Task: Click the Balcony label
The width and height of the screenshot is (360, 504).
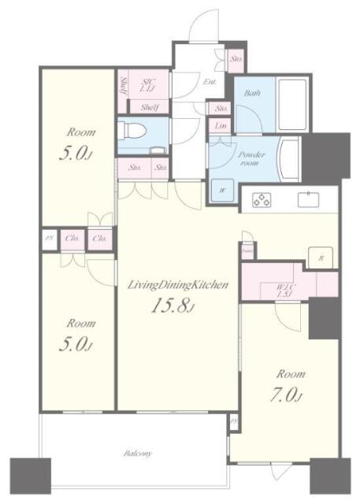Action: click(137, 454)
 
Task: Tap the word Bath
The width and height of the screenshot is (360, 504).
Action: click(252, 94)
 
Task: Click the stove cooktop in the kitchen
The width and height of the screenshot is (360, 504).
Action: click(261, 200)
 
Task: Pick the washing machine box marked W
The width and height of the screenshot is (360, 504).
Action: click(219, 189)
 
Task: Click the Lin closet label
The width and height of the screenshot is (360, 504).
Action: click(218, 127)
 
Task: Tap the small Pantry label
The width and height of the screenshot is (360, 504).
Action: click(247, 252)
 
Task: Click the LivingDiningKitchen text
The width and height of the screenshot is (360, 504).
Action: click(178, 286)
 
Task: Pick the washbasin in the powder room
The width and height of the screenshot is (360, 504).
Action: click(287, 157)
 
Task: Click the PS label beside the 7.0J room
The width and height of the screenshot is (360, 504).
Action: click(234, 423)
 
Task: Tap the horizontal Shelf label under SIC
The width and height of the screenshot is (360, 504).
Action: click(150, 107)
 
